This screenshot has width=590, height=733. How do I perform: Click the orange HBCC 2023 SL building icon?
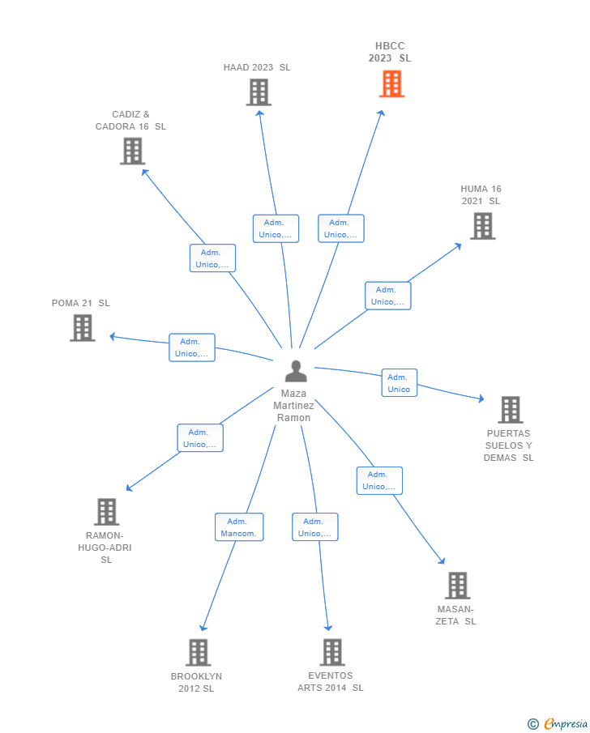[391, 83]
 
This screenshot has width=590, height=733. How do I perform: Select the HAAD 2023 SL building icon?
[259, 92]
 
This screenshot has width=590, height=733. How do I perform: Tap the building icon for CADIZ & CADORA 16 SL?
[132, 151]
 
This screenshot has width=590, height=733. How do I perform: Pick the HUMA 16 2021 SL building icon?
[482, 226]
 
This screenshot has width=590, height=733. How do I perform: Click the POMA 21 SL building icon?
[83, 327]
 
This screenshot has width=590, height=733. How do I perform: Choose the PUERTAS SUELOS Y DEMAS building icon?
[510, 410]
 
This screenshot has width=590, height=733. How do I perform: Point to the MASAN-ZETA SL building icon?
[457, 585]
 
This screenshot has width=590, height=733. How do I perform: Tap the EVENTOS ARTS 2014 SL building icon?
[331, 652]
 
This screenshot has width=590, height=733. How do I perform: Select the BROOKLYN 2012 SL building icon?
[198, 652]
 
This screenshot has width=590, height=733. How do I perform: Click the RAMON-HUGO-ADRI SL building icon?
[106, 512]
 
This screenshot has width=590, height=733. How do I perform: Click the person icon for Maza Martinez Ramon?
[296, 371]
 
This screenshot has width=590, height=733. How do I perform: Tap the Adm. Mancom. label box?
[239, 527]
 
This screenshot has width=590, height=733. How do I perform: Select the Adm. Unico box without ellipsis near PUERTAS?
[399, 383]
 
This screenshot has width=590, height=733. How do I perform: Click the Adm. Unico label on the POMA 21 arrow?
[192, 347]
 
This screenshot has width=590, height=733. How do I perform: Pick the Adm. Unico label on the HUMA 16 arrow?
[387, 296]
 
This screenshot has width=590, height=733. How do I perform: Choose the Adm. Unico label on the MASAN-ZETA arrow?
[379, 480]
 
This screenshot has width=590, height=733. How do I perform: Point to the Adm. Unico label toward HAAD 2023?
[276, 228]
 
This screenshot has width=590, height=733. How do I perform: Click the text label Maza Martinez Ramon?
[293, 405]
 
